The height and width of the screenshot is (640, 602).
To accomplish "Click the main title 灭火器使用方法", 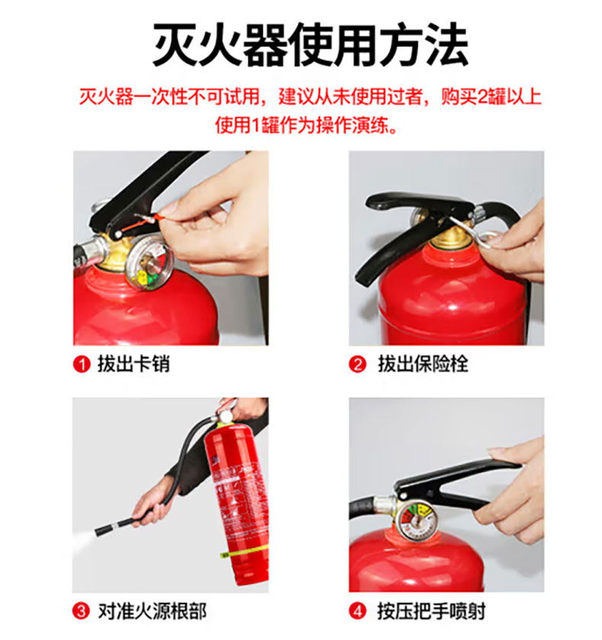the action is (x=310, y=44).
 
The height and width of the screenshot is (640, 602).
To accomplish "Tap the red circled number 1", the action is (x=82, y=364).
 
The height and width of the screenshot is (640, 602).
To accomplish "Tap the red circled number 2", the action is (x=357, y=364).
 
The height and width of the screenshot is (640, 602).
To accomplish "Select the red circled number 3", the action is (x=81, y=611).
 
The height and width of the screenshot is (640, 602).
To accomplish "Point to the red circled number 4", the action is (x=357, y=611).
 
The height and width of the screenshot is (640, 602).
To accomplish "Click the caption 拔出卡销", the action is (x=133, y=364).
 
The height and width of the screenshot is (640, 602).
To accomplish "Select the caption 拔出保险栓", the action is (x=423, y=364).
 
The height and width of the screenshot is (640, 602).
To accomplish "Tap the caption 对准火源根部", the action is (x=152, y=611).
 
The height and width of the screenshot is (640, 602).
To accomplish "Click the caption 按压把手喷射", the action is (x=431, y=611).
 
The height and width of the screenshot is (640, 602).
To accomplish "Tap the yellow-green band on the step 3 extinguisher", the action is (x=245, y=554).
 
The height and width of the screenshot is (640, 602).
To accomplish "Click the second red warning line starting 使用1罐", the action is (x=306, y=124).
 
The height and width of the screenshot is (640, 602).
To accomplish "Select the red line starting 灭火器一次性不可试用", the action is (x=310, y=97).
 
